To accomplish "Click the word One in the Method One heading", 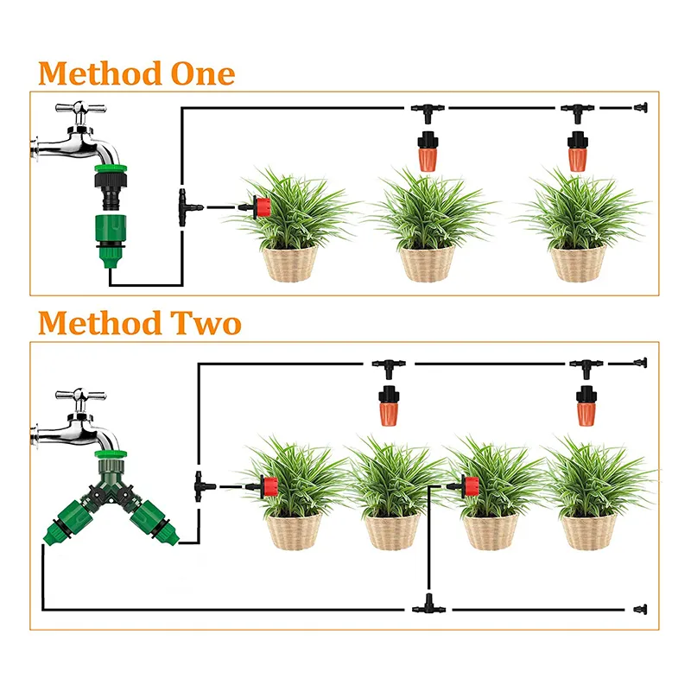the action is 203,73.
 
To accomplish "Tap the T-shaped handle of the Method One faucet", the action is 80,108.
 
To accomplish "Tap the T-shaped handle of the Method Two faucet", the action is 80,395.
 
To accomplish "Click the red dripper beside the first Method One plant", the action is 261,207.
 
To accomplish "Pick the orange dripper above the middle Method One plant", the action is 427,151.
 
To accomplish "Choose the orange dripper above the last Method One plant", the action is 577,151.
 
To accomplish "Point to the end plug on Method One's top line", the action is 641,107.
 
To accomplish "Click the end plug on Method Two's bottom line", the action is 640,610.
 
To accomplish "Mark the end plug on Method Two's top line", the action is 640,363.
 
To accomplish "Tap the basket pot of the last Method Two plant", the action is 589,532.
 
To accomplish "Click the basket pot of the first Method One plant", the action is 290,263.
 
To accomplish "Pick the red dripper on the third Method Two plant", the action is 467,486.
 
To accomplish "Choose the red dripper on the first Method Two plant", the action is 267,487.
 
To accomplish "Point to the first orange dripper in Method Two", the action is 389,405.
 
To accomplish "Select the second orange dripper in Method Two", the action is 586,405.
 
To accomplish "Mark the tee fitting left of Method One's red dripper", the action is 187,207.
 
